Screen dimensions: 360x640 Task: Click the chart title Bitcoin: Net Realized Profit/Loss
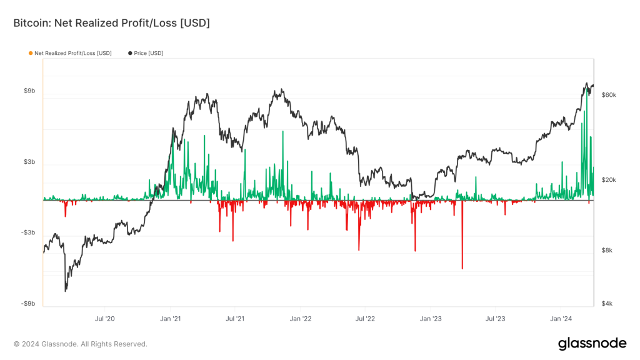[111, 23]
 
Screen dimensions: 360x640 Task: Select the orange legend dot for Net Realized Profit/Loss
[31, 53]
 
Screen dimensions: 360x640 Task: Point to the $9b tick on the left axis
[29, 91]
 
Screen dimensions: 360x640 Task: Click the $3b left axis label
[29, 162]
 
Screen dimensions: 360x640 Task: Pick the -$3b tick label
[28, 232]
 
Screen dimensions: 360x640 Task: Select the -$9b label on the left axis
[28, 304]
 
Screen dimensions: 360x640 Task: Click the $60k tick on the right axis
[608, 95]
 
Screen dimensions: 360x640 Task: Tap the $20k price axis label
[608, 180]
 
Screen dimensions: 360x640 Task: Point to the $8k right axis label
[606, 251]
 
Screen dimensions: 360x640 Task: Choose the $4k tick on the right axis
[606, 304]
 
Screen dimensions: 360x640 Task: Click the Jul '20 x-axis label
[105, 319]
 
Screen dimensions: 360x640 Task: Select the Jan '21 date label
[171, 319]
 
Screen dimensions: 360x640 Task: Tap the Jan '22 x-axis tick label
[301, 319]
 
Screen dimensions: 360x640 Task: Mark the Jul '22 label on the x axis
[365, 319]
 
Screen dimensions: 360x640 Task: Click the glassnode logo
[591, 344]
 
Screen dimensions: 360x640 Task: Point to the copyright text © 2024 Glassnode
[81, 344]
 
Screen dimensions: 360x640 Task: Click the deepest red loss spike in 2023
[462, 267]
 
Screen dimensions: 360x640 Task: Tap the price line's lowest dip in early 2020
[66, 291]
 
